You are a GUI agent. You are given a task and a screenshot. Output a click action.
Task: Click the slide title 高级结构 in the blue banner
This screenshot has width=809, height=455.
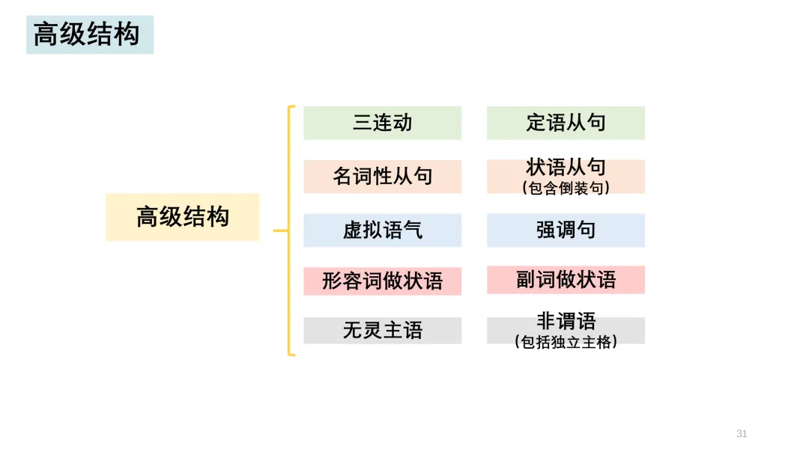(87, 35)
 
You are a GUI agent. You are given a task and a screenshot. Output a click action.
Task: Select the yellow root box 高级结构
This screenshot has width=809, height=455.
(182, 217)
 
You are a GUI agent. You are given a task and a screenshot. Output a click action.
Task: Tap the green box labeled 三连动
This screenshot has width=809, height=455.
(382, 123)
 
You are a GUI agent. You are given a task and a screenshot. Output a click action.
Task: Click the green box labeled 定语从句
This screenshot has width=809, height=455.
(566, 123)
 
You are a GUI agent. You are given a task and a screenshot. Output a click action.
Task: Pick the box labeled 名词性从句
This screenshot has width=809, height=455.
(382, 177)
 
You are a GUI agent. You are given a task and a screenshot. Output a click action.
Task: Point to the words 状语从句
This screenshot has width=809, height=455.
(566, 167)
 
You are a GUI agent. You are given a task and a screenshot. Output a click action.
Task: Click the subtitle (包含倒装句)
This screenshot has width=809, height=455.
(566, 188)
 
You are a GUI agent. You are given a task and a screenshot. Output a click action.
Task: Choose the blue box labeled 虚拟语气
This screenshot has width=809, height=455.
(382, 230)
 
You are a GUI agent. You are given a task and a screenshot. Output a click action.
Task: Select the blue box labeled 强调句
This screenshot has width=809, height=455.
(566, 230)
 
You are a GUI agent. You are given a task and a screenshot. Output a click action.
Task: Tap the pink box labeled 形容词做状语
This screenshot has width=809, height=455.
(382, 281)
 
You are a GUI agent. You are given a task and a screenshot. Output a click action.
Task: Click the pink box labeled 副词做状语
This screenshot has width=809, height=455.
(566, 280)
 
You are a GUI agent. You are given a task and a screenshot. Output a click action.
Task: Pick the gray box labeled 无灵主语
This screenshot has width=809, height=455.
(382, 330)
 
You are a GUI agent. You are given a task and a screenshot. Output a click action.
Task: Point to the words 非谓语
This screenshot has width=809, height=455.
(566, 322)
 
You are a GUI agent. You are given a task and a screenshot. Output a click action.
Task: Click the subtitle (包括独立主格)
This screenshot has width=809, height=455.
(566, 343)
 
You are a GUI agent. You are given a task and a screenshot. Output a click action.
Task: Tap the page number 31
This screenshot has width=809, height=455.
(742, 434)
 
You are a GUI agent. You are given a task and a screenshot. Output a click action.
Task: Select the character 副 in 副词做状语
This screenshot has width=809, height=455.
(526, 280)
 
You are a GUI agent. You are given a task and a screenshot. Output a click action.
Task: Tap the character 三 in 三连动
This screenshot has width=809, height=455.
(363, 123)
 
